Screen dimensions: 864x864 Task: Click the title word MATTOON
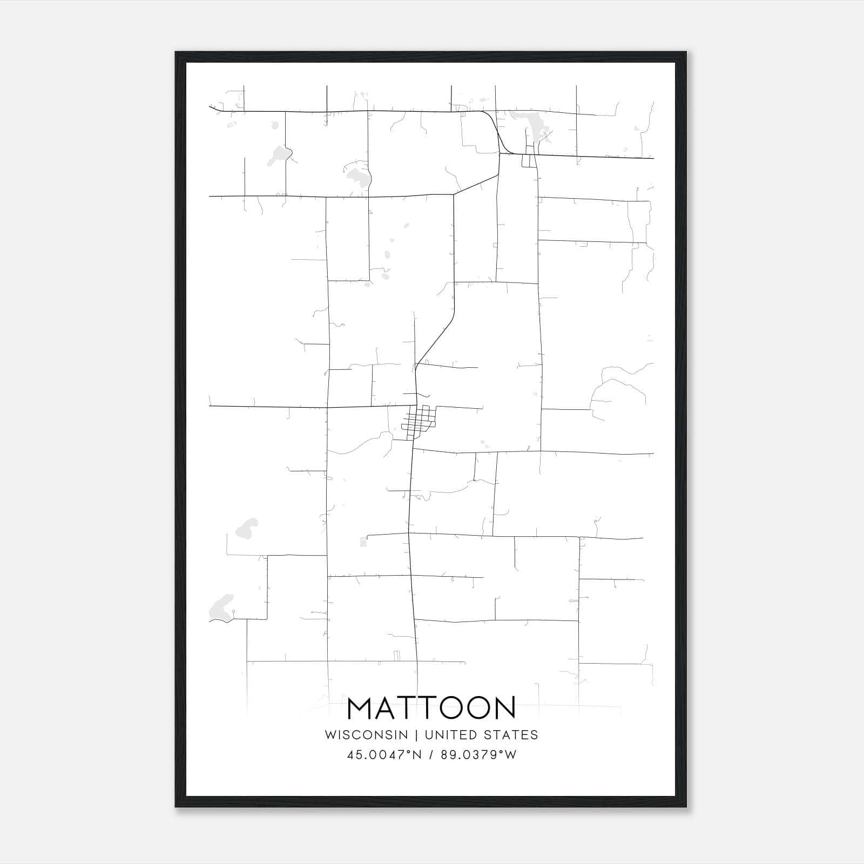click(431, 708)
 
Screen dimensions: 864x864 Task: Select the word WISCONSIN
click(366, 735)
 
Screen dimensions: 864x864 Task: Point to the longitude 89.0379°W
click(478, 755)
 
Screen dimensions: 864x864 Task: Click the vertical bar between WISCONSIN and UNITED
click(416, 735)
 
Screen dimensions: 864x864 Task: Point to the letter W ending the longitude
click(511, 755)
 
